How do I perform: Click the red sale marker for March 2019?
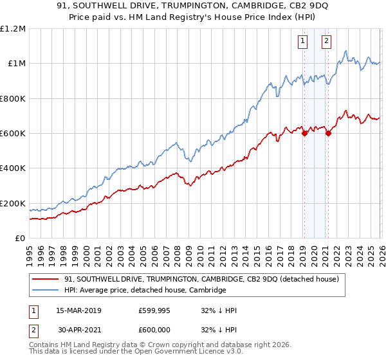(304, 134)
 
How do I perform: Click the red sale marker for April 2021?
(328, 134)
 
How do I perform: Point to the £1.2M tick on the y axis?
(13, 29)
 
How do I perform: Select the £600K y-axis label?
(13, 134)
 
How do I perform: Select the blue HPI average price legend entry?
(145, 291)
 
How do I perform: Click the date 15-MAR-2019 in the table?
(78, 310)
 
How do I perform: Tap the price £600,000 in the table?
(154, 330)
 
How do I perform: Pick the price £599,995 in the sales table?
(154, 310)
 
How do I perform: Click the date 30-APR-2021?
(78, 330)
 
